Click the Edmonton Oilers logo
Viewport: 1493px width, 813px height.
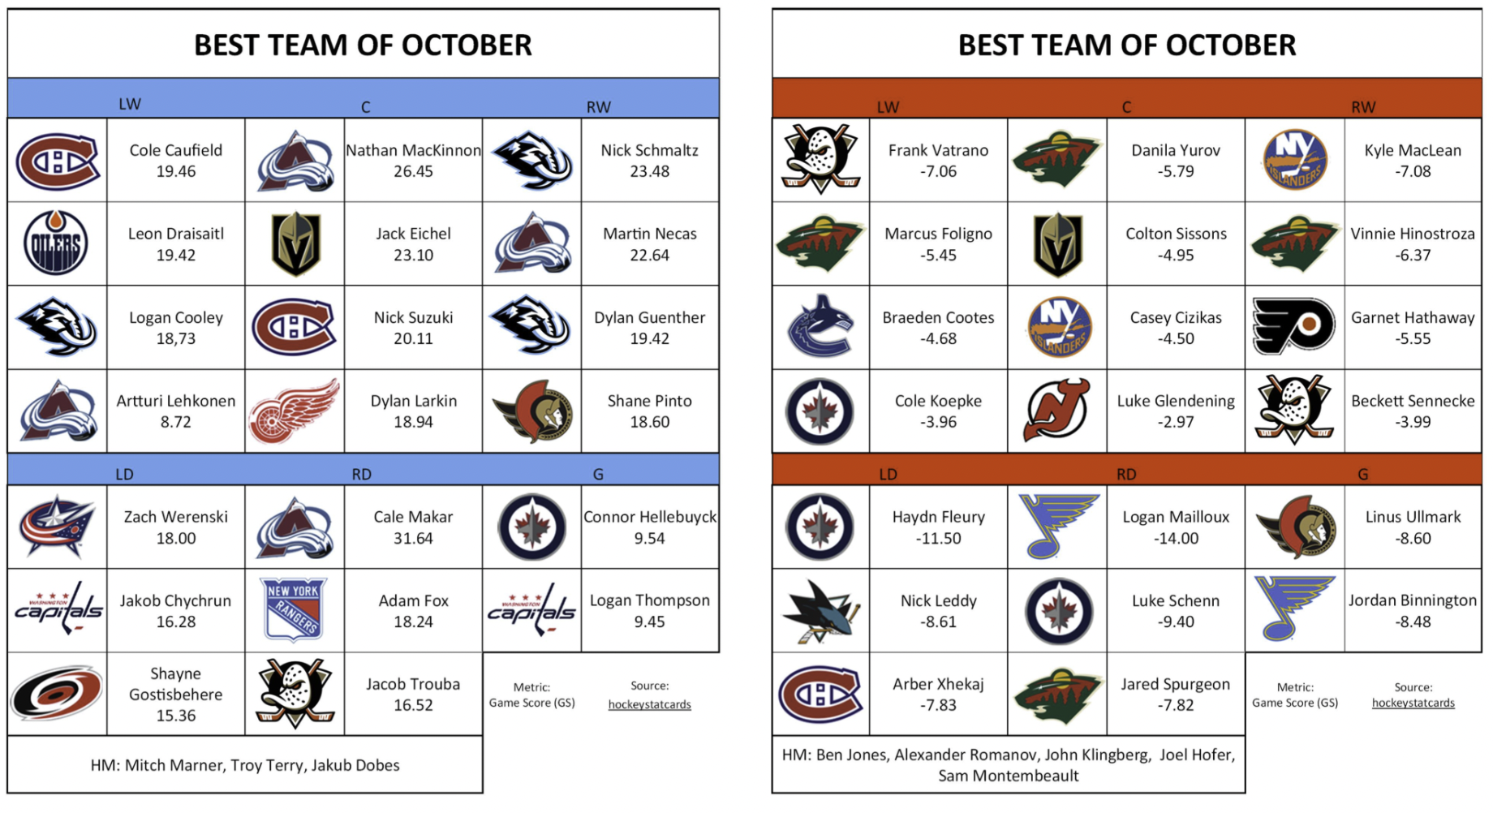[56, 243]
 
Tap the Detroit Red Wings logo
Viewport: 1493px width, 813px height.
[294, 411]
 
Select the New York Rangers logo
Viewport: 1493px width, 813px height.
[294, 609]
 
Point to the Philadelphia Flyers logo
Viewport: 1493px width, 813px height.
[1293, 327]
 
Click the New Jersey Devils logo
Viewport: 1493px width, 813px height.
[1056, 411]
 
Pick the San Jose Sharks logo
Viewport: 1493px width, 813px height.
[820, 611]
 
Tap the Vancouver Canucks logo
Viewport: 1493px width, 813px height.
[820, 327]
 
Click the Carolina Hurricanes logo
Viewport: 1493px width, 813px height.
[56, 694]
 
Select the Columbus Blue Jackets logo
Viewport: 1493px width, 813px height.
[56, 527]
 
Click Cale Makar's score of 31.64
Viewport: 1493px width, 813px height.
[413, 538]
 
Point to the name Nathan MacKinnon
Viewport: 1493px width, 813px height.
[413, 150]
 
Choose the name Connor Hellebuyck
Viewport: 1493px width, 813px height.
[650, 517]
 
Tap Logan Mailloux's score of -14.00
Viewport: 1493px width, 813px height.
[1176, 538]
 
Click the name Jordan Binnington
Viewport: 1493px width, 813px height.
[1413, 600]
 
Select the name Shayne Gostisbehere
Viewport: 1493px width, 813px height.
[175, 684]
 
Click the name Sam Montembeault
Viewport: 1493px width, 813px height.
[1009, 776]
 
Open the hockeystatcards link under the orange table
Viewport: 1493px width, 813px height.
[1413, 703]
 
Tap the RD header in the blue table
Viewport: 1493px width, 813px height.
[362, 474]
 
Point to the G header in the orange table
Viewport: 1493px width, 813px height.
[1363, 474]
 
